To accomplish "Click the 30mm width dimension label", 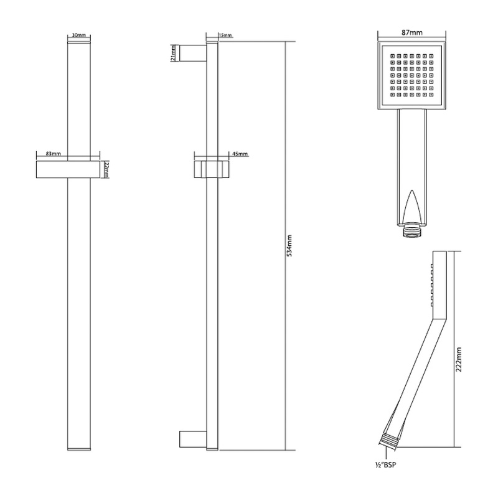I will click(x=78, y=35).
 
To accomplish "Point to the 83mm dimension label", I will click(x=53, y=153).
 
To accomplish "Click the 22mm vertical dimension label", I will click(x=106, y=169).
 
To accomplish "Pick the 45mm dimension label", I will click(x=240, y=154).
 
